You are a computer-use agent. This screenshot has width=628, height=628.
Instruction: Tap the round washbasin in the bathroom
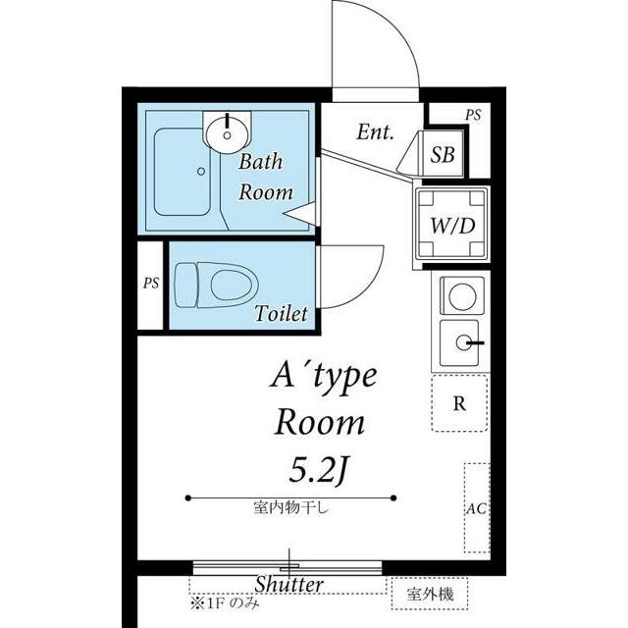(x=228, y=129)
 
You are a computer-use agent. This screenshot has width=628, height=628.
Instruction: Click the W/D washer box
(x=452, y=225)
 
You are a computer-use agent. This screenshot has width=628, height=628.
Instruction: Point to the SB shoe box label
(x=443, y=155)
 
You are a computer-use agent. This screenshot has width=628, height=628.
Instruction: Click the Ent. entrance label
(x=375, y=131)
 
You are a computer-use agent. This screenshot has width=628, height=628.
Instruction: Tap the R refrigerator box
(x=459, y=404)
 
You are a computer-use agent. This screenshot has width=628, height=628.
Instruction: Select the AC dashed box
(x=477, y=509)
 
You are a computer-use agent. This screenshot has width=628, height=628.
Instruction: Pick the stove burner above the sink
(x=459, y=294)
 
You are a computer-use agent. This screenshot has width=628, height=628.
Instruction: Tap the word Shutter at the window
(x=288, y=585)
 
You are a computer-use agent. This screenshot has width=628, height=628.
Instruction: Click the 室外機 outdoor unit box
(x=431, y=593)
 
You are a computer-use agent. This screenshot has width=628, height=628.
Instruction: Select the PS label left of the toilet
(x=150, y=284)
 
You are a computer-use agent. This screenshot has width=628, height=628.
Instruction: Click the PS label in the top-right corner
(x=474, y=114)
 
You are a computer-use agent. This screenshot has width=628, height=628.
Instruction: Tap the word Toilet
(x=282, y=314)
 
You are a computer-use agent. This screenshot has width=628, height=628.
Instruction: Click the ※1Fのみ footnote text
(x=225, y=602)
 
